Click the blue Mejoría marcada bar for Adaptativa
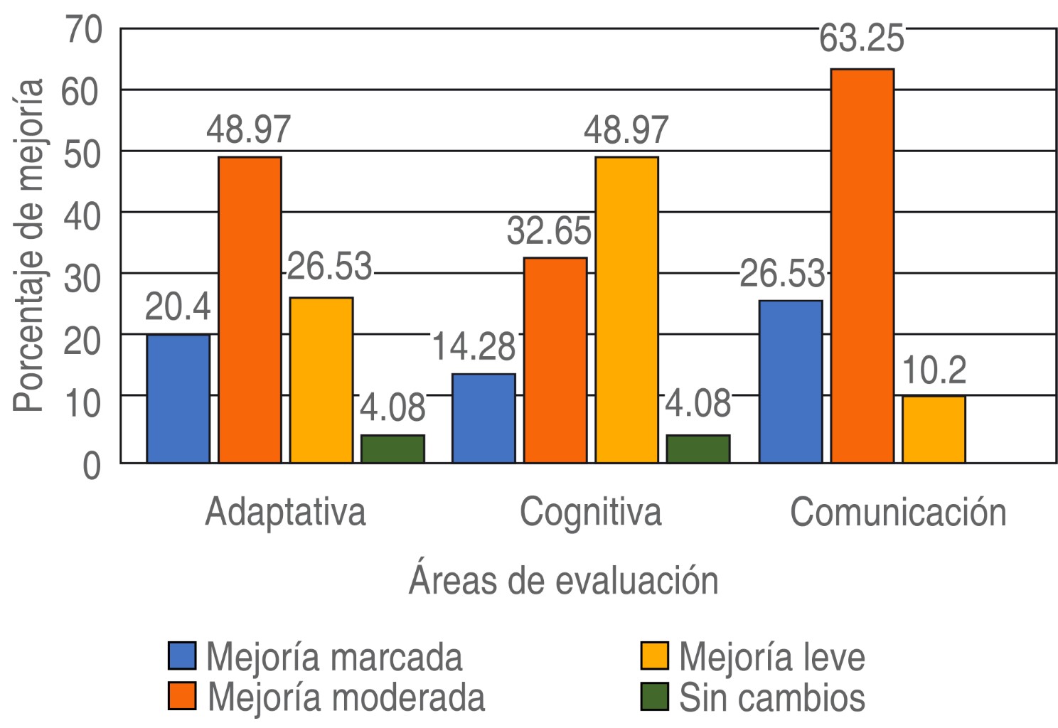(178, 398)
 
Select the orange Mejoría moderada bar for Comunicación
(862, 266)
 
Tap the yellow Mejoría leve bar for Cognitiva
(626, 310)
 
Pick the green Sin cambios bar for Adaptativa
(392, 449)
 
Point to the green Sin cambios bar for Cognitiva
(698, 449)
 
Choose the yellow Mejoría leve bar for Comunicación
(934, 429)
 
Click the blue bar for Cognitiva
(483, 418)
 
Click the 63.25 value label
(861, 39)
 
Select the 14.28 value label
(474, 347)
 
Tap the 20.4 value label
(178, 308)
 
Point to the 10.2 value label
(934, 370)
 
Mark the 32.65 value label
(549, 231)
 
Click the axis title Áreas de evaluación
(563, 580)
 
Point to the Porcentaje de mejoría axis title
(30, 245)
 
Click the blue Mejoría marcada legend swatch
(182, 655)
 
